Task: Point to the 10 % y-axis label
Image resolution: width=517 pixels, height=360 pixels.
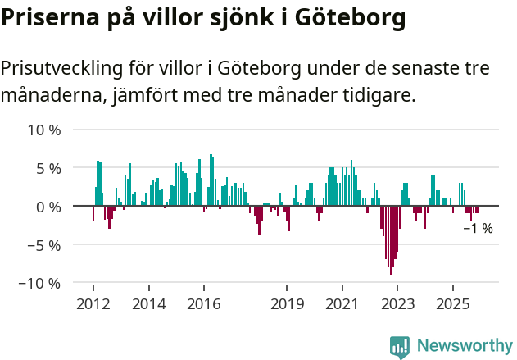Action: [44, 130]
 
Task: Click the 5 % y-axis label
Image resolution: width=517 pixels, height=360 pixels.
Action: [48, 168]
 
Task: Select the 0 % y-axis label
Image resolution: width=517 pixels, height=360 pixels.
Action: [48, 207]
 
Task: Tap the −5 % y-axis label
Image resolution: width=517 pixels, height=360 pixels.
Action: [44, 244]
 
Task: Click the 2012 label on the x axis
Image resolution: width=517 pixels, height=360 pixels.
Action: [93, 304]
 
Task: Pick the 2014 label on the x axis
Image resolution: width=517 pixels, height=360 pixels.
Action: [148, 304]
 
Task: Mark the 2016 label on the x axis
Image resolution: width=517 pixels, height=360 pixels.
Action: [204, 304]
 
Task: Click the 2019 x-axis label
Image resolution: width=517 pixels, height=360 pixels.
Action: [287, 304]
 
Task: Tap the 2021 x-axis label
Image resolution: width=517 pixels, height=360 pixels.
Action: [342, 304]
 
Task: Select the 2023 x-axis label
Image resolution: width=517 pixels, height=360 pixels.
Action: [397, 304]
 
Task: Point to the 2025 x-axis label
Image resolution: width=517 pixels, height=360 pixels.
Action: [453, 304]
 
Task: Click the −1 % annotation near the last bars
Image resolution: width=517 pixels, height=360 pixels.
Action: [478, 228]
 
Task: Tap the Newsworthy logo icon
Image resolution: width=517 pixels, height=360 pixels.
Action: [400, 346]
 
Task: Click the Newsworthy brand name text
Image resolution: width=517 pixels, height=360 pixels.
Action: [464, 346]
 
